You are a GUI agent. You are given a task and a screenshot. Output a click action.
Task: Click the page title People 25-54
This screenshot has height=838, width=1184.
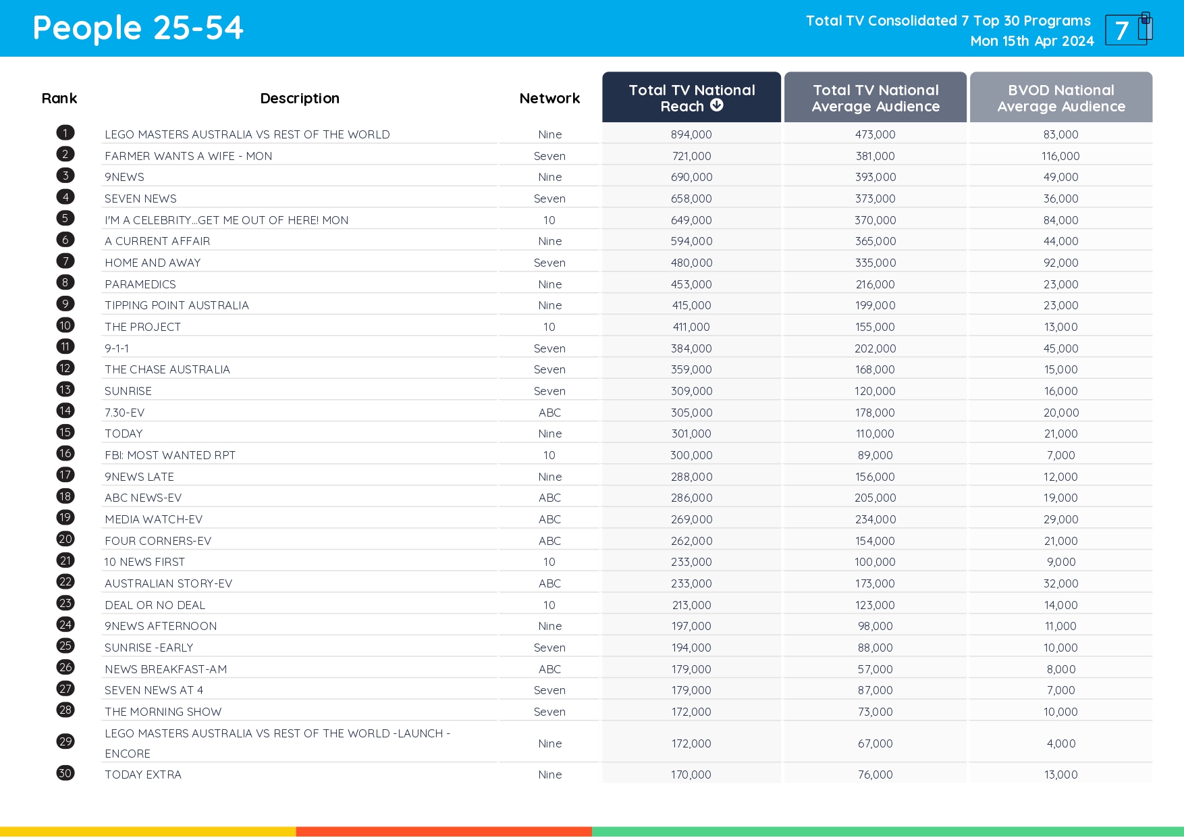click(x=138, y=28)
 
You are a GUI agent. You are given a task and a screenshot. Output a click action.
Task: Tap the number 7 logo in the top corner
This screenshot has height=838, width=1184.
click(x=1127, y=30)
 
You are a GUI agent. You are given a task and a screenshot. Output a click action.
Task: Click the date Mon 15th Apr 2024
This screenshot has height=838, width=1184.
click(x=1031, y=41)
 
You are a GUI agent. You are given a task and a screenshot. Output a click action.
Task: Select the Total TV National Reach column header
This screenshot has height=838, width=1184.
click(x=691, y=98)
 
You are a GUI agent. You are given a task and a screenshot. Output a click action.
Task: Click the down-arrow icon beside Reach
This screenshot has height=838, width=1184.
click(x=717, y=105)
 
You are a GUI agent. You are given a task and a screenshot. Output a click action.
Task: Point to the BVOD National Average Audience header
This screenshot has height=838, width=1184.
click(x=1060, y=98)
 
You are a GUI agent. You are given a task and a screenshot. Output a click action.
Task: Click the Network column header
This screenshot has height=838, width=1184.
click(x=549, y=99)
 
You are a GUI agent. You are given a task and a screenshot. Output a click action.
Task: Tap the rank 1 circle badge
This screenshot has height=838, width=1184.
click(x=65, y=133)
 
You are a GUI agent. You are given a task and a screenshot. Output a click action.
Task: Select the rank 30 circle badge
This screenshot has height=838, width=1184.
click(x=65, y=773)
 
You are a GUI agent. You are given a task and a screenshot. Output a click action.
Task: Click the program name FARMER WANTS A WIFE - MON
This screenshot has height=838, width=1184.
click(x=188, y=156)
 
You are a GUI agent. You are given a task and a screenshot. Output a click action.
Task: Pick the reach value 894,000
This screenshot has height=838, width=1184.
click(x=691, y=134)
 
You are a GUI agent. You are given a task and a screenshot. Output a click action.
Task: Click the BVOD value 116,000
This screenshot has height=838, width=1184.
click(x=1060, y=156)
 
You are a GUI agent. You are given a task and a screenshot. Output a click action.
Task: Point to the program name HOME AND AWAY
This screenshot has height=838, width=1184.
click(x=153, y=263)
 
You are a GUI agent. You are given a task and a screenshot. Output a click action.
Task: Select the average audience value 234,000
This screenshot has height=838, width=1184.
click(x=875, y=519)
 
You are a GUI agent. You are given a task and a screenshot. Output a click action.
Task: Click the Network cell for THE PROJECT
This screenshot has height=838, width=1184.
click(x=549, y=327)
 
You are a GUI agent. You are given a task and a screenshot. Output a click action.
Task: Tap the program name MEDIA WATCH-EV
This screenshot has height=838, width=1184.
click(x=153, y=519)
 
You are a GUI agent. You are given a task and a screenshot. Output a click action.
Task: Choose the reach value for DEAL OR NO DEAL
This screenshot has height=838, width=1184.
click(x=691, y=605)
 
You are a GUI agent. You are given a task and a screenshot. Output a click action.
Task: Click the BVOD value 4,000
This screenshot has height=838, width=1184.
click(x=1060, y=743)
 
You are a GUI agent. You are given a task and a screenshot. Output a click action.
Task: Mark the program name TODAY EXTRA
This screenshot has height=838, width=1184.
click(x=143, y=775)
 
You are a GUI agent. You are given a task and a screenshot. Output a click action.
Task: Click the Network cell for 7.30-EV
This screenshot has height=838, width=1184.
click(x=549, y=413)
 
